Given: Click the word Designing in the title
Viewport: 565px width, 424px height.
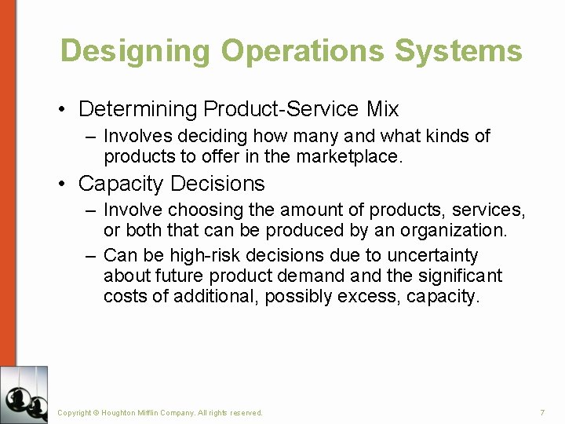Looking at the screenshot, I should pyautogui.click(x=135, y=51).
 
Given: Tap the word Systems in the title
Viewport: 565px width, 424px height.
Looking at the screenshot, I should pyautogui.click(x=458, y=51).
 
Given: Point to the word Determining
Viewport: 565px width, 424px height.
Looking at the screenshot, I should pyautogui.click(x=138, y=108).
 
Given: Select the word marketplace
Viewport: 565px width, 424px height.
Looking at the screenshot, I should pyautogui.click(x=348, y=156).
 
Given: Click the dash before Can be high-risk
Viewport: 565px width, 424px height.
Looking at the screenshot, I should pyautogui.click(x=90, y=255).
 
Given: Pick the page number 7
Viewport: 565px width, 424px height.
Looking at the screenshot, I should pyautogui.click(x=542, y=413).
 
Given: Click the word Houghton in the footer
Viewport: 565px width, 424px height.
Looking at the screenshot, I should pyautogui.click(x=124, y=413).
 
